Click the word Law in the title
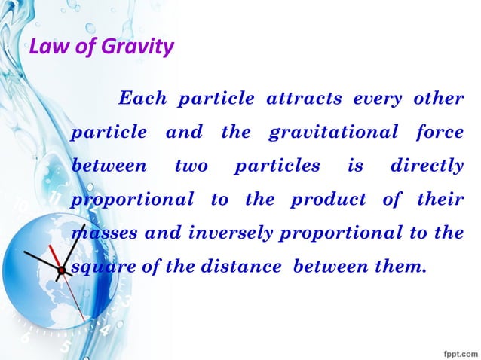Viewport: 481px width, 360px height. (x=46, y=47)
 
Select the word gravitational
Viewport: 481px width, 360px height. (x=332, y=133)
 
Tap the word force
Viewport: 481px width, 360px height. (x=440, y=133)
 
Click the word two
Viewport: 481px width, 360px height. (x=191, y=166)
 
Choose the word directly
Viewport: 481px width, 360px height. (x=427, y=166)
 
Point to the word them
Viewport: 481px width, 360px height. (x=393, y=267)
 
